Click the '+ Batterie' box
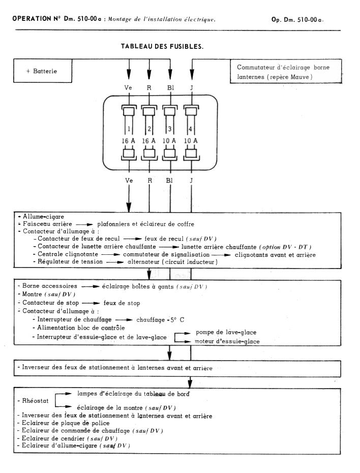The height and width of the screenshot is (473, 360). (42, 71)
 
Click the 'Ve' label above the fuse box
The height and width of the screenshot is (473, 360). (128, 87)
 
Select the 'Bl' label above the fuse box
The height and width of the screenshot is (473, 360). (170, 87)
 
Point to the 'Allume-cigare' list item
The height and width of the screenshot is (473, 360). (37, 216)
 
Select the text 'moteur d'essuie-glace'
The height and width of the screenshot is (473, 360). (227, 341)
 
